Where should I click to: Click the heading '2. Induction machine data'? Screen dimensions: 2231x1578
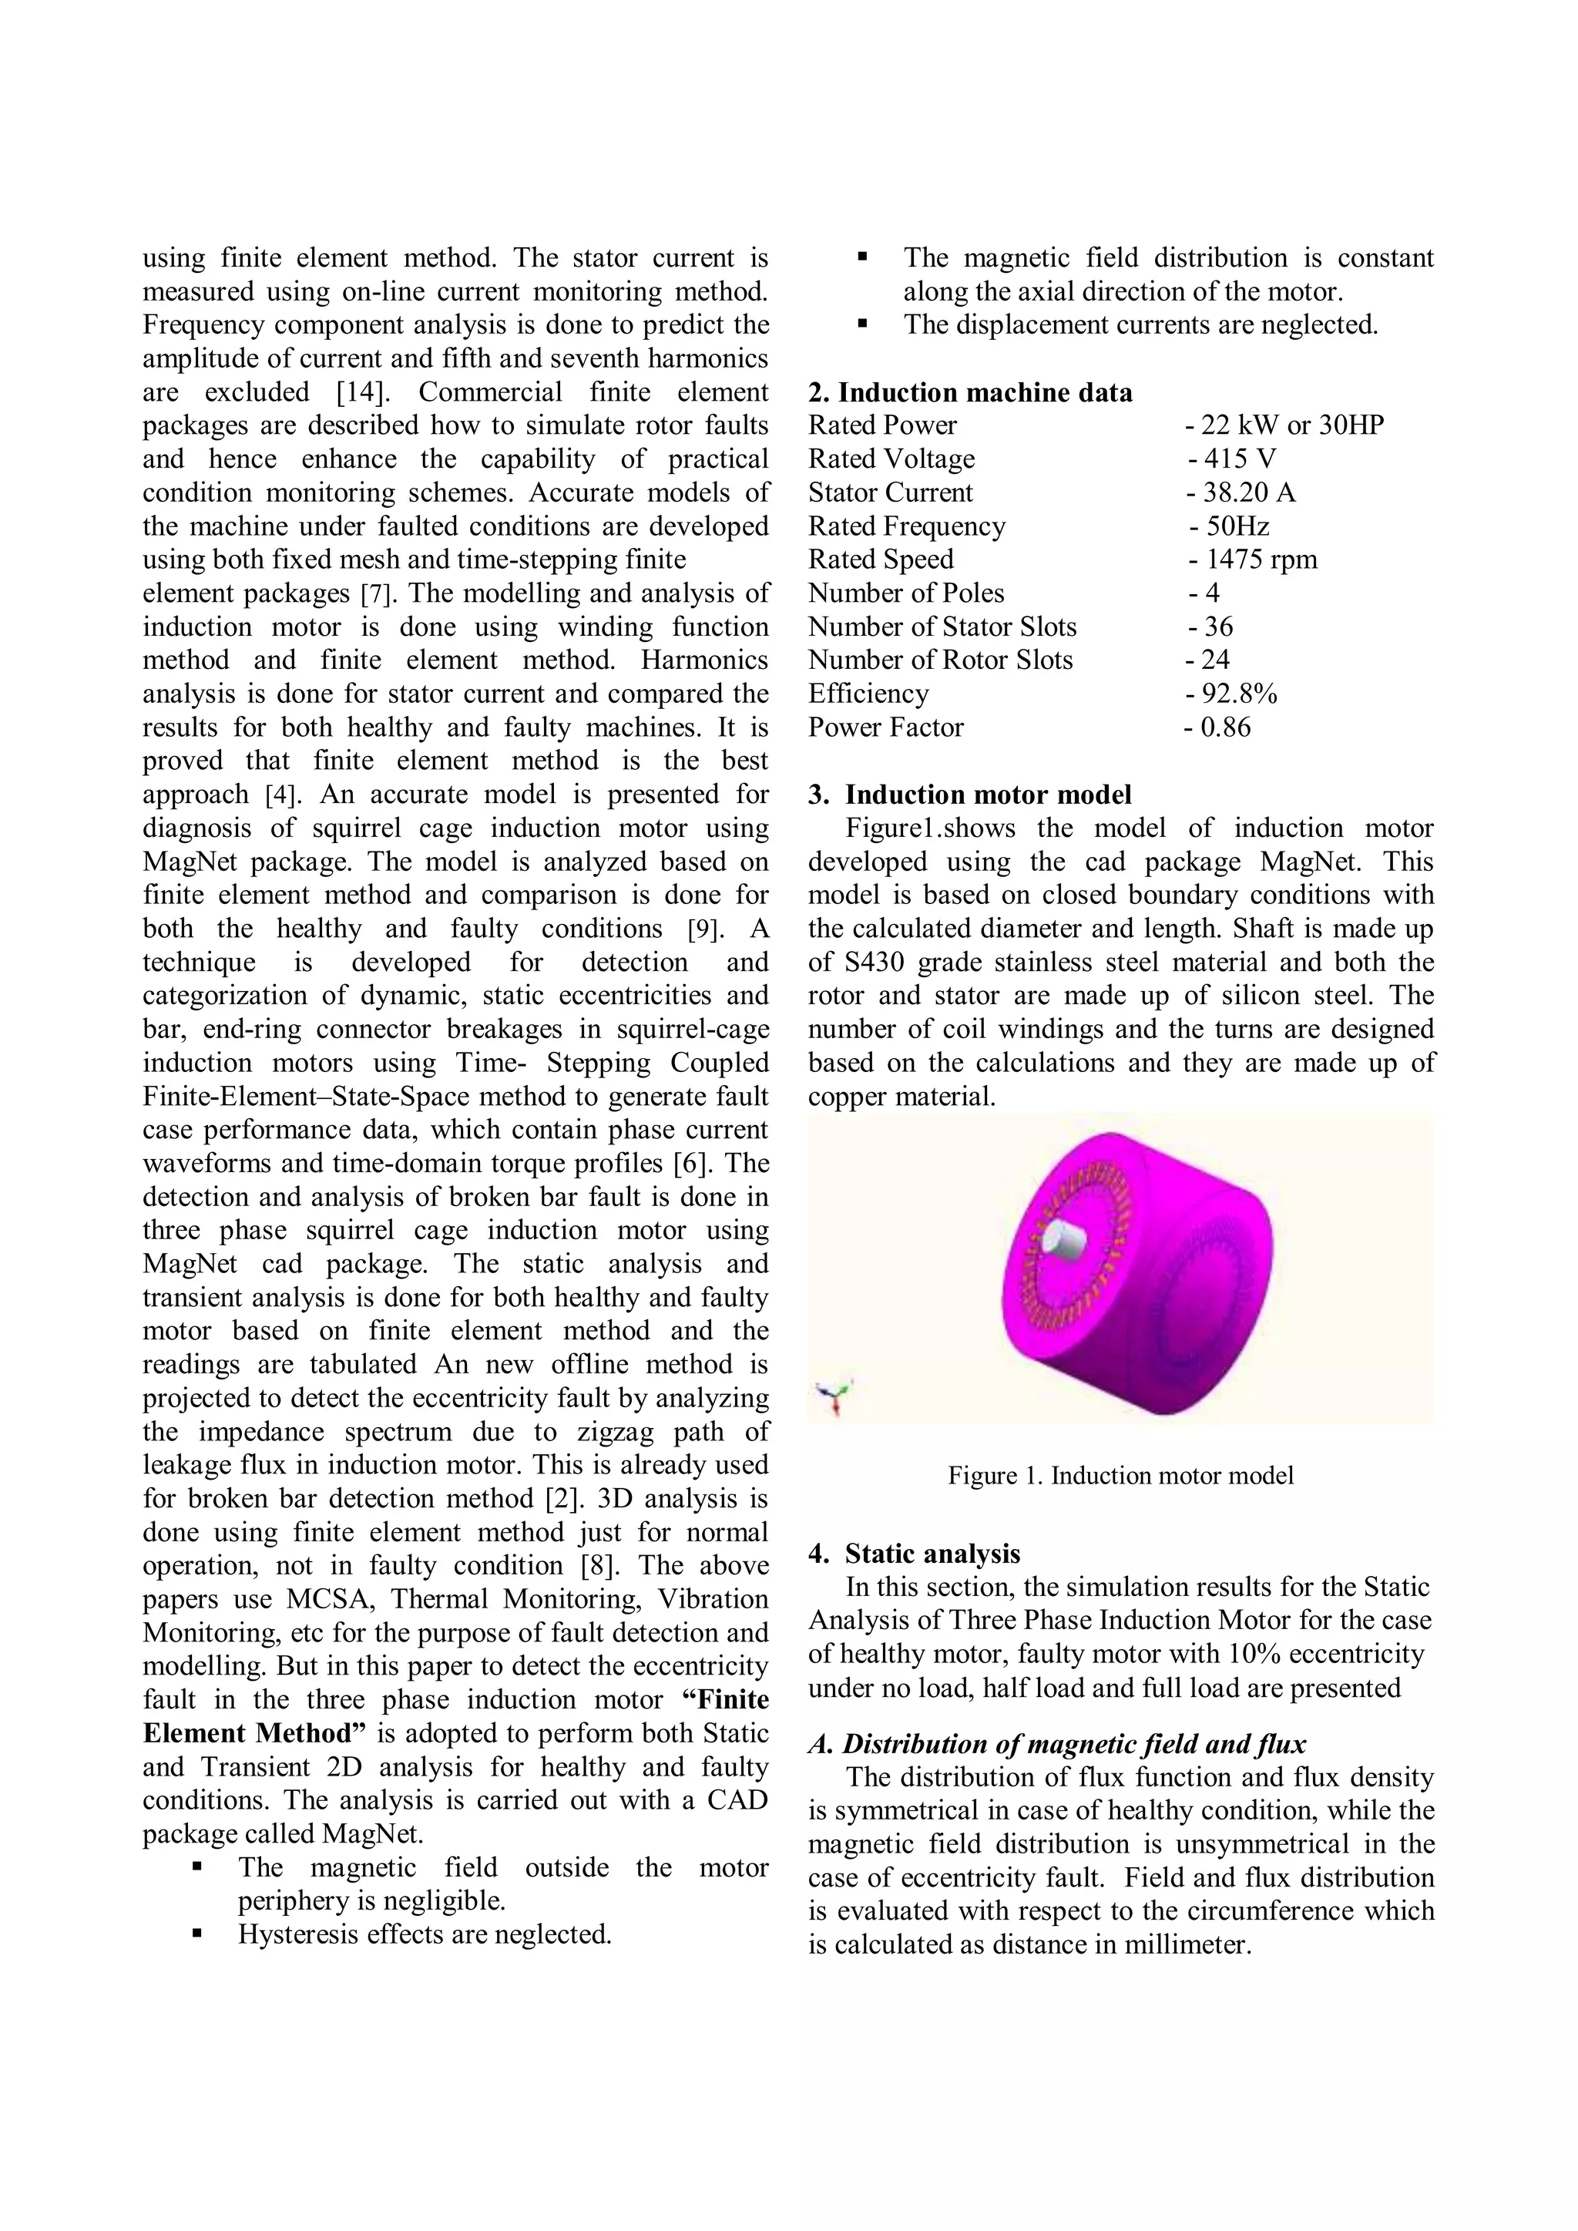tap(970, 392)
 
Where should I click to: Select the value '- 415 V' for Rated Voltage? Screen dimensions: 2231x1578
tap(1231, 459)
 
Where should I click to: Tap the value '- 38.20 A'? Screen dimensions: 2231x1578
tap(1240, 492)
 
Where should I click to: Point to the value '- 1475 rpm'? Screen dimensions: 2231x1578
tap(1253, 559)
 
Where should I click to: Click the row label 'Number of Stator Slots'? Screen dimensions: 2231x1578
tap(942, 627)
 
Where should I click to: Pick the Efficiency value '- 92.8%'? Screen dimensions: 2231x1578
tap(1231, 694)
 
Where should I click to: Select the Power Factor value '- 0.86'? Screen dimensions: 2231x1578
tap(1217, 727)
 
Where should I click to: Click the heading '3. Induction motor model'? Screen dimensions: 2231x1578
tap(970, 795)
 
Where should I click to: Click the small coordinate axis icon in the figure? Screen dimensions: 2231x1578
tap(834, 1397)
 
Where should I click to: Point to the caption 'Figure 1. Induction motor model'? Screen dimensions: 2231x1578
tap(1120, 1476)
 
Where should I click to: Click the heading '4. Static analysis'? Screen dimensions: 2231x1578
tap(915, 1554)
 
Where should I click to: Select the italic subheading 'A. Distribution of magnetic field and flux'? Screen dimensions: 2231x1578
tap(1057, 1744)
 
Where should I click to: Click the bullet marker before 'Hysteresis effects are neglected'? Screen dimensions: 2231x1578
tap(197, 1934)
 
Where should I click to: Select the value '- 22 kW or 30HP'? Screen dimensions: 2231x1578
tap(1284, 425)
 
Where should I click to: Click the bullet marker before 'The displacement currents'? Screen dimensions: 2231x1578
tap(862, 324)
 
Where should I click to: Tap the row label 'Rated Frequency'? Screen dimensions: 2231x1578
tap(907, 526)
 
